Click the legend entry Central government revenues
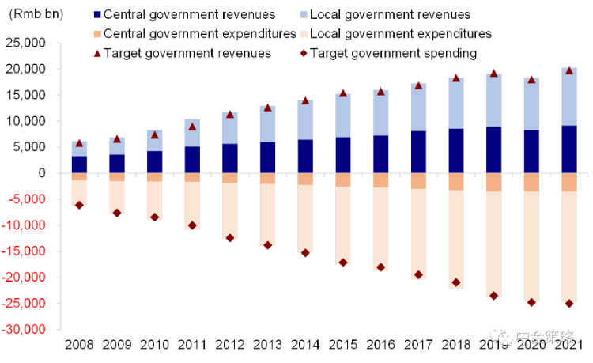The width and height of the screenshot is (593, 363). tap(190, 14)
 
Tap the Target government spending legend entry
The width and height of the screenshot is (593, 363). tap(393, 53)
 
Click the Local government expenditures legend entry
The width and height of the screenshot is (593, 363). tap(401, 33)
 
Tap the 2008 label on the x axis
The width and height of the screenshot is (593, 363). tap(79, 344)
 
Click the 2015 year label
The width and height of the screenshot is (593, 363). tap(342, 344)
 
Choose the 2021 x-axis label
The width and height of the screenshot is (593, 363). tap(568, 344)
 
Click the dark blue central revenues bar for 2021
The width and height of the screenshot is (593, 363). tap(568, 149)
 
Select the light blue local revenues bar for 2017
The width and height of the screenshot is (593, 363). tap(418, 108)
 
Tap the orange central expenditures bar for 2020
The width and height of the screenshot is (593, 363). tap(531, 182)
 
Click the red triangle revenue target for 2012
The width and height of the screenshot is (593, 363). tap(230, 115)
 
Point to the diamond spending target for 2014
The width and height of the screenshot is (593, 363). tap(305, 252)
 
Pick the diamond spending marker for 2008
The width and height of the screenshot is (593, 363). tap(80, 205)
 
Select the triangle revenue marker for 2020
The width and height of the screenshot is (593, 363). tap(531, 80)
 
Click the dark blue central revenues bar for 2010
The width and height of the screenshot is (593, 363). tap(155, 162)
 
